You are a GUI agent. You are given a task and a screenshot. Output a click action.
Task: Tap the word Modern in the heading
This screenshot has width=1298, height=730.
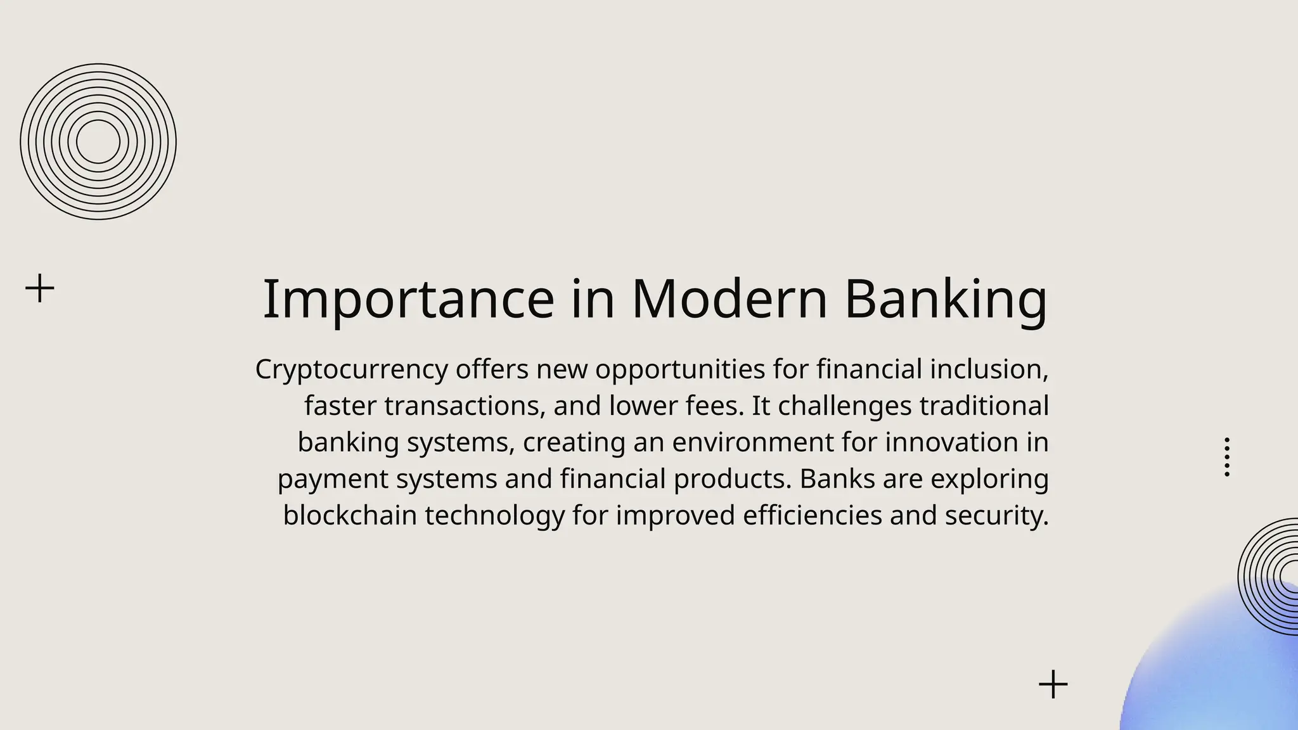tap(729, 299)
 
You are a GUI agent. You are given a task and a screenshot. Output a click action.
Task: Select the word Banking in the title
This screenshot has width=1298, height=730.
tap(946, 299)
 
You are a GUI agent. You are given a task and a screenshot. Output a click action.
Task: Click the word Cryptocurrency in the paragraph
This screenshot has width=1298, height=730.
tap(351, 369)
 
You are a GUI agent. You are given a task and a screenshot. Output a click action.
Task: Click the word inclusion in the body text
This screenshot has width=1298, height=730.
tap(988, 369)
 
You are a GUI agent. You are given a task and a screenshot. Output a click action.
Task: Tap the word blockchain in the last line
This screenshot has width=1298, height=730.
tap(350, 515)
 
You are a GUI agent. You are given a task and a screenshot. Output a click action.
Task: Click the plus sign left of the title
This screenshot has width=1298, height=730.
tap(40, 288)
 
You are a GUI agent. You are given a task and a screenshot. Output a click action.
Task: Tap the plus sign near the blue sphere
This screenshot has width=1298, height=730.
tap(1053, 684)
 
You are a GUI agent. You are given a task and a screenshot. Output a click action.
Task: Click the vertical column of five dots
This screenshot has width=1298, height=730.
tap(1227, 457)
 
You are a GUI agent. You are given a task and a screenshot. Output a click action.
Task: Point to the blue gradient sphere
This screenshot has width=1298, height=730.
tap(1223, 672)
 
